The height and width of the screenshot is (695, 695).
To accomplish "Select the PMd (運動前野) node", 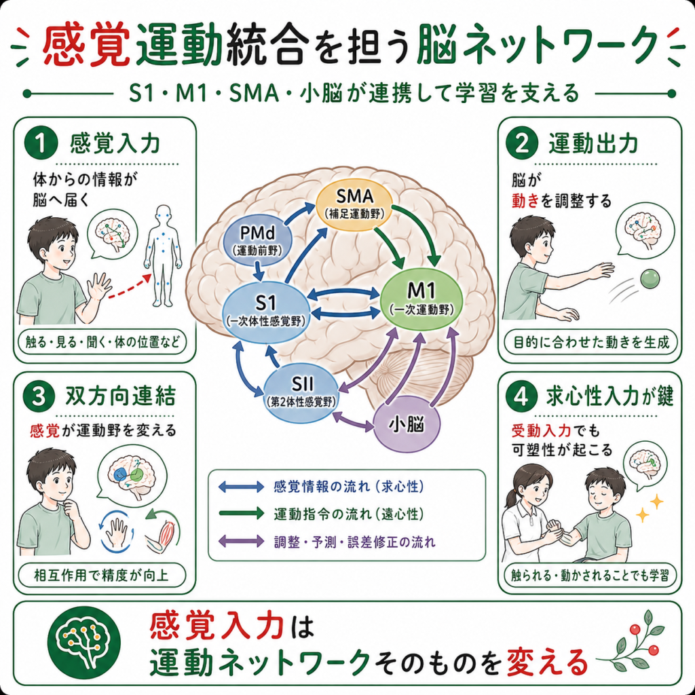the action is (x=257, y=240).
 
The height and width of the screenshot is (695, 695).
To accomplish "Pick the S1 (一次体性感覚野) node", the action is (x=266, y=312).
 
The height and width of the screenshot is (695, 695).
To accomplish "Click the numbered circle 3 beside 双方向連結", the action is (x=39, y=396).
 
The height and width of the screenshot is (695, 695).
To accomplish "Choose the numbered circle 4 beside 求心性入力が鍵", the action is (x=521, y=396).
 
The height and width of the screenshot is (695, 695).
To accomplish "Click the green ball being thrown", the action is (x=650, y=278).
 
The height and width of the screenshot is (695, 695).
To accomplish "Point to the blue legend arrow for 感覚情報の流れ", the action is (x=241, y=487).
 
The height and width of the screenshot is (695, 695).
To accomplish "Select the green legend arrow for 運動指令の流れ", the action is (x=241, y=514).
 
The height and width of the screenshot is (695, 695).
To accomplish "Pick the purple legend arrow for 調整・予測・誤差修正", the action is (x=241, y=541).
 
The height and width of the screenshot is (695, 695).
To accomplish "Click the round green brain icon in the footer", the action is (x=84, y=643).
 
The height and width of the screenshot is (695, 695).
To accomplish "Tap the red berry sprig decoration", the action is (x=637, y=643).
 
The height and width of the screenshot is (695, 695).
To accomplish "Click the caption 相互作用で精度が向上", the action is (x=102, y=576).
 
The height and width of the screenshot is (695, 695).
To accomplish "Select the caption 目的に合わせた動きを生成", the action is (x=591, y=343).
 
